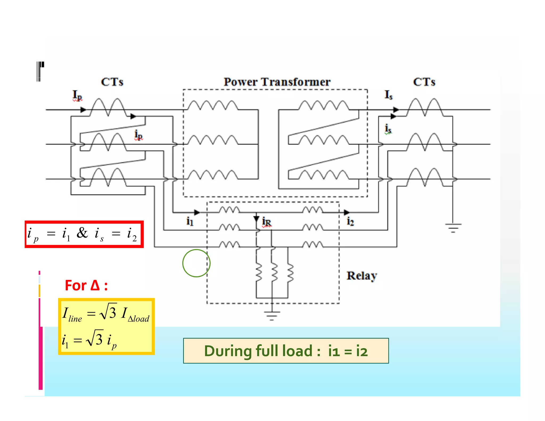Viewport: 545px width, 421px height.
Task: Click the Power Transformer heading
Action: point(277,82)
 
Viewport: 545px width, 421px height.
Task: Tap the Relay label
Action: point(361,276)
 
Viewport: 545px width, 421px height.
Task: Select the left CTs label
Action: point(112,82)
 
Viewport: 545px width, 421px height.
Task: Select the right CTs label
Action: point(424,82)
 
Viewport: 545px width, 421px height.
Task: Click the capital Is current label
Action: point(388,95)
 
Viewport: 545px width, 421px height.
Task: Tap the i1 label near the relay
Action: point(190,221)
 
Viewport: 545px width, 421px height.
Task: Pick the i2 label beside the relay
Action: point(350,221)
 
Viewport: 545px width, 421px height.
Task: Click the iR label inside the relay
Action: point(266,222)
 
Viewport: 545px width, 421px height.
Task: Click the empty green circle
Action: point(196,263)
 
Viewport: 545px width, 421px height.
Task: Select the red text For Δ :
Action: point(86,286)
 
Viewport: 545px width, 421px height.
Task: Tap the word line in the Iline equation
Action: point(75,319)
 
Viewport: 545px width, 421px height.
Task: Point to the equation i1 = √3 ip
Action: point(89,340)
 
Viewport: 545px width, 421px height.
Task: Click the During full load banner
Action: point(286,351)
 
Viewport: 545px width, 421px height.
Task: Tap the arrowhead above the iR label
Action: point(256,218)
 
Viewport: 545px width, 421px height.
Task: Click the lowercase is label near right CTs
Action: point(388,129)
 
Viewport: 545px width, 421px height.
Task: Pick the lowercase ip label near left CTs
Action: point(138,135)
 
